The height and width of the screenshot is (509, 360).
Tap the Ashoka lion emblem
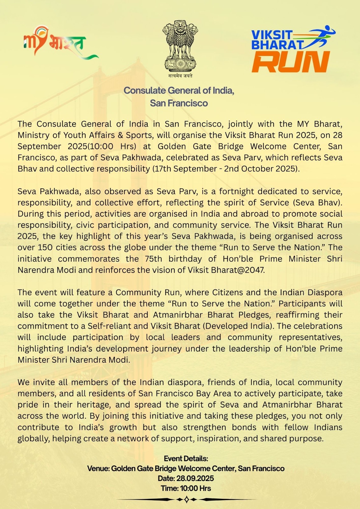click(x=180, y=46)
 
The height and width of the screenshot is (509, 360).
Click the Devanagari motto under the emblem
click(x=180, y=76)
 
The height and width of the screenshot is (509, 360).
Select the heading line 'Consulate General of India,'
click(x=179, y=91)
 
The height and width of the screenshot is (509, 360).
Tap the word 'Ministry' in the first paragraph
click(x=33, y=135)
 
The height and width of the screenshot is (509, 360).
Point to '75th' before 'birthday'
click(x=153, y=259)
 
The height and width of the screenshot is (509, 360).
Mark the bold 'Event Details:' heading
click(x=186, y=458)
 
